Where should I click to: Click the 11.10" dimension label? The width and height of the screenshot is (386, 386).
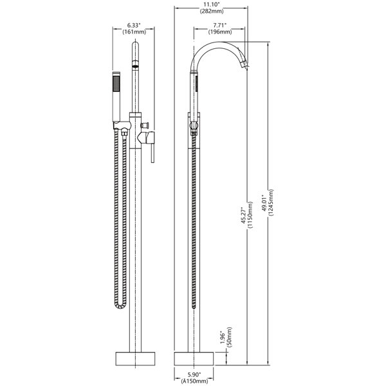coord(212,5)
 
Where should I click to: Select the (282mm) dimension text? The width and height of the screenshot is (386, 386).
coord(212,11)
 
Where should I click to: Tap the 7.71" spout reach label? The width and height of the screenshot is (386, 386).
coord(220,25)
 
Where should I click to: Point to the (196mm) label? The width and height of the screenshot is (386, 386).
coord(220,32)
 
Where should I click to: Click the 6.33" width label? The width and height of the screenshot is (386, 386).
coord(134,25)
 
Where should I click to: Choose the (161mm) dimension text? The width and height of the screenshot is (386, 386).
coord(134,32)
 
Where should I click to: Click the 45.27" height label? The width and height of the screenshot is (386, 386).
coord(243,216)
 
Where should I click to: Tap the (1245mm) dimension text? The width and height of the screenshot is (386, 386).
coord(271,203)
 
